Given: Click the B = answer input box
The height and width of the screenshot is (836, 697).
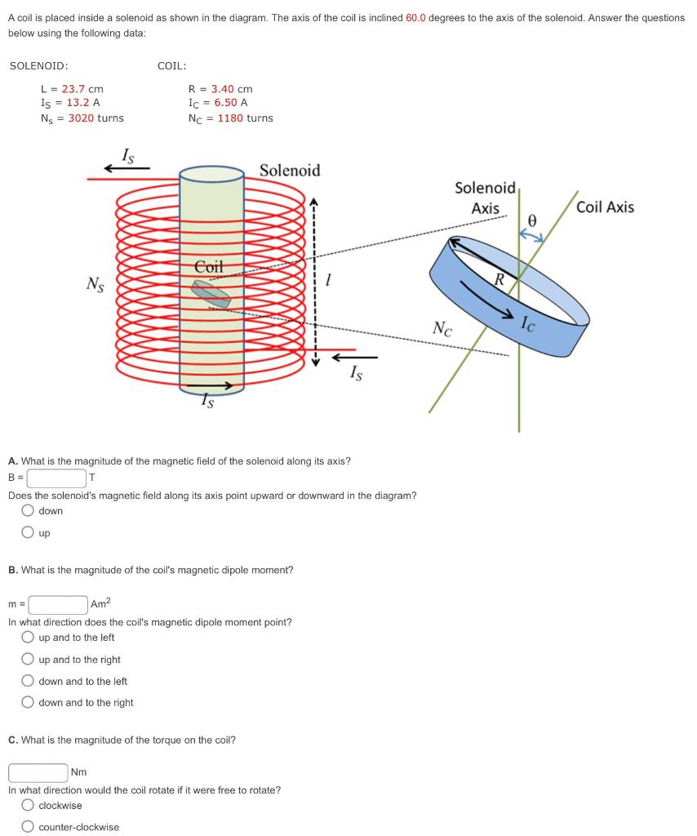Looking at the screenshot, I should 57,478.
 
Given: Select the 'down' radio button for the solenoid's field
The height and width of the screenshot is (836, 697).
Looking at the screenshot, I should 29,511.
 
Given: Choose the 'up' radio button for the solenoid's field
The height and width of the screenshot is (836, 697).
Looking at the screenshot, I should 29,533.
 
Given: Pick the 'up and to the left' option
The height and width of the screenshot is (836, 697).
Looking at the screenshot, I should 29,638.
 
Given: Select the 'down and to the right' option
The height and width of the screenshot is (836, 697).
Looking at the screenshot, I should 29,702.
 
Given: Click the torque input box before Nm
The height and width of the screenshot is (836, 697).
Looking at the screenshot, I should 38,772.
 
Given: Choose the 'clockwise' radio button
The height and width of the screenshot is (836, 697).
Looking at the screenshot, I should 29,806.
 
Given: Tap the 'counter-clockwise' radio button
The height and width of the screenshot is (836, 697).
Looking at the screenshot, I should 29,827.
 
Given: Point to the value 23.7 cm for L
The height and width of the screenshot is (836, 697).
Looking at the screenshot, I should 82,89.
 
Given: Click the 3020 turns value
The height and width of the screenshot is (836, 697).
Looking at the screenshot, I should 95,118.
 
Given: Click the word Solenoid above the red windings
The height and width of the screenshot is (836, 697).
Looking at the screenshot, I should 290,171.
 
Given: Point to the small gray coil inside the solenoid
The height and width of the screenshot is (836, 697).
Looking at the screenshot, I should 211,294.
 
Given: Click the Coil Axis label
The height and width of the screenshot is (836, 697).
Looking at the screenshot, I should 605,207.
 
